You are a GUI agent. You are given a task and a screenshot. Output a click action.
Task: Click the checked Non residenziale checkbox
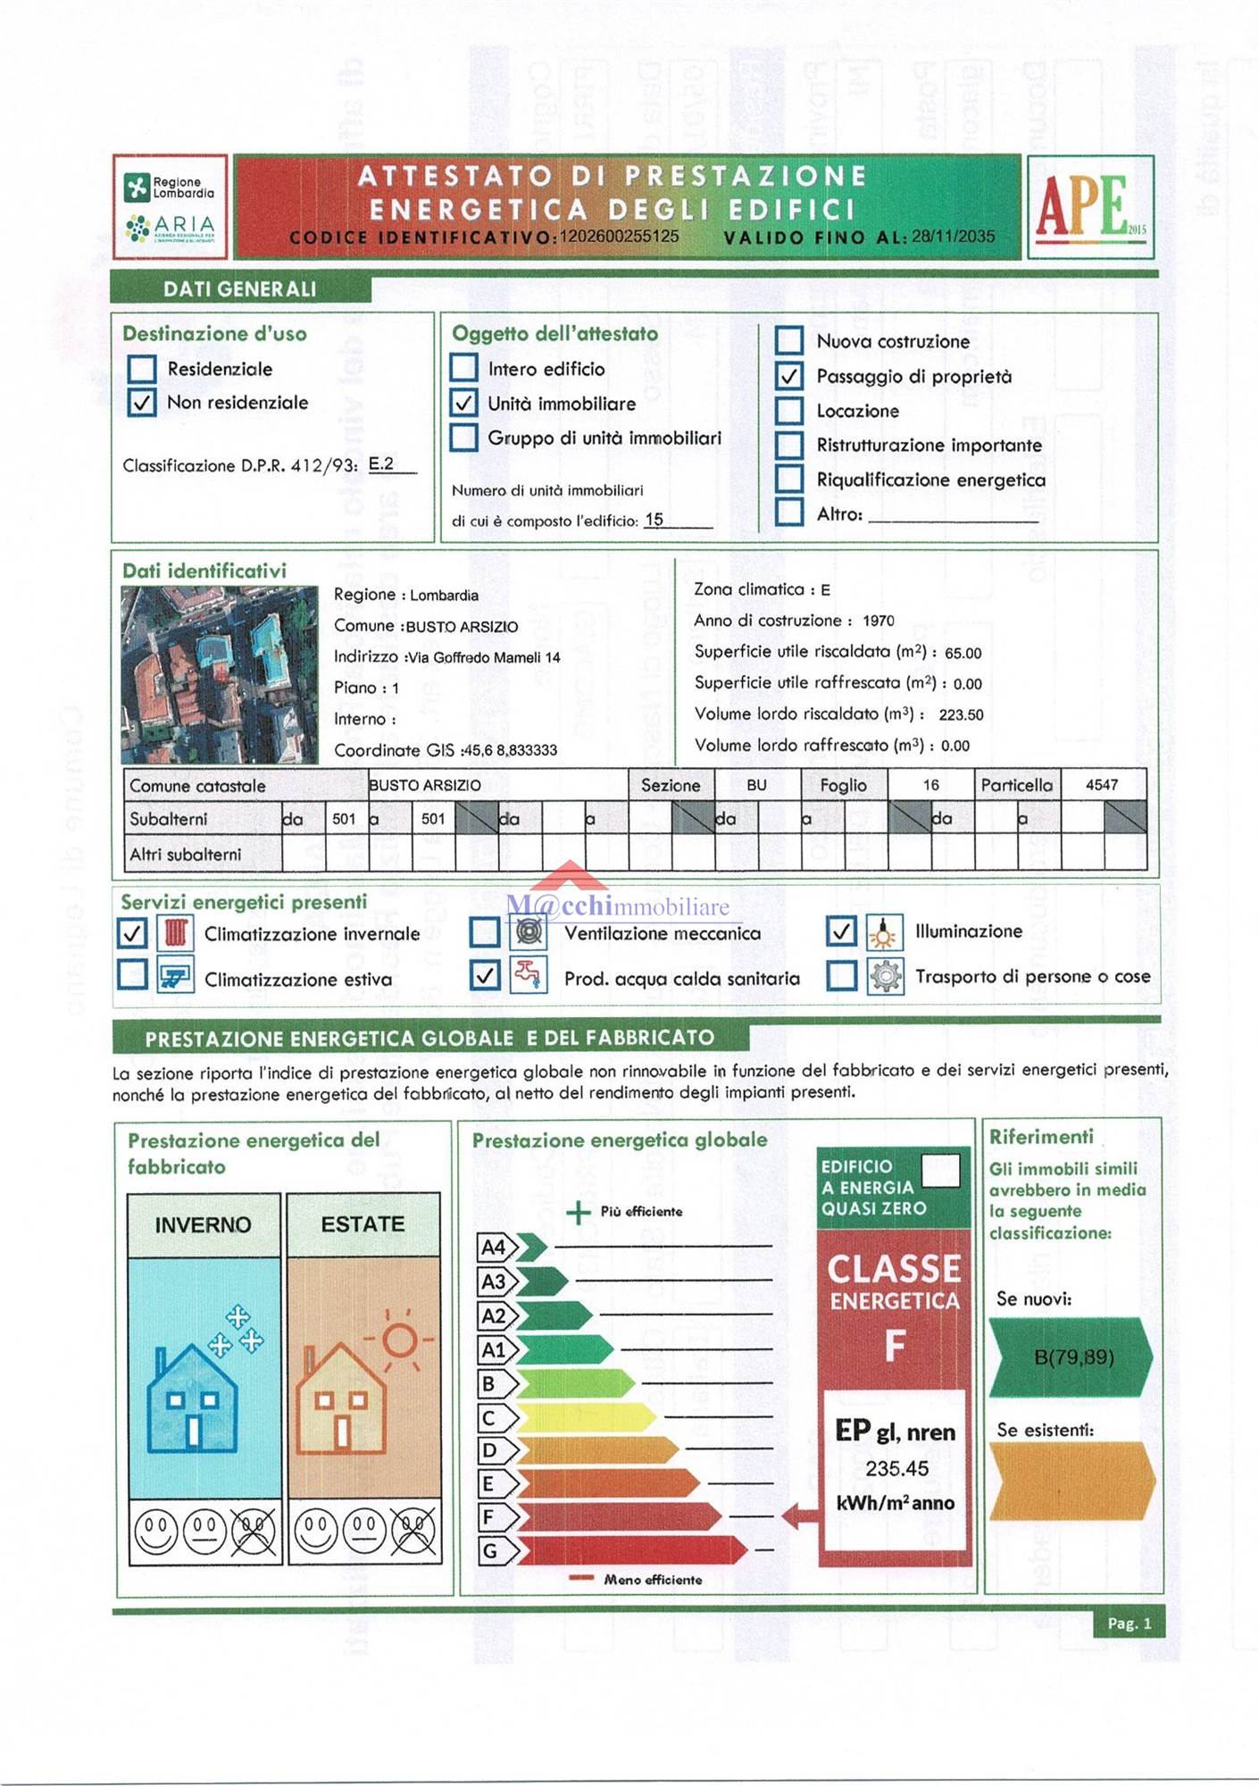point(142,403)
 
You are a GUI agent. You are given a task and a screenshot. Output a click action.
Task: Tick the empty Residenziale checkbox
point(142,369)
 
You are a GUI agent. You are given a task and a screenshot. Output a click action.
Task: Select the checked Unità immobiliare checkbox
point(463,404)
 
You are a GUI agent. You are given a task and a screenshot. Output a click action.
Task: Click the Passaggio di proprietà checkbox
point(788,377)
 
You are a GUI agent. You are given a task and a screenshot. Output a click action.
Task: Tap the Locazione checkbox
point(788,411)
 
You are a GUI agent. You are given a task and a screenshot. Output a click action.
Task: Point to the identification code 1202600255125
point(619,237)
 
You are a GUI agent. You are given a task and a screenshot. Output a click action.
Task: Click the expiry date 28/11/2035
point(953,237)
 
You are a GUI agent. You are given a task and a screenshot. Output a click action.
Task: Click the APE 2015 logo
point(1089,206)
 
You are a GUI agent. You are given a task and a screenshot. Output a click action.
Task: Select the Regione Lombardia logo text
point(183,188)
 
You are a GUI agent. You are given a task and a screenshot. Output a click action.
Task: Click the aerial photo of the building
point(220,674)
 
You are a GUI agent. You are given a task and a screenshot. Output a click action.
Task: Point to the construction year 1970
point(879,621)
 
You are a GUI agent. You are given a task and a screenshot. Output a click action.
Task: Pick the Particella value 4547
point(1102,785)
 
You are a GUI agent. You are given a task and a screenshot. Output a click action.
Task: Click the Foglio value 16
point(930,785)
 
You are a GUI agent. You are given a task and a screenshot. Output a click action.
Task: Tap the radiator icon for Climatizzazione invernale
point(175,933)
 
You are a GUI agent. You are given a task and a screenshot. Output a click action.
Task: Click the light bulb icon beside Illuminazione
point(883,932)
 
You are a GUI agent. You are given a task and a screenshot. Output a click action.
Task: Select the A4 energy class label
point(494,1248)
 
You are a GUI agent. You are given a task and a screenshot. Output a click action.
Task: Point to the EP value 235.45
point(896,1469)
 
